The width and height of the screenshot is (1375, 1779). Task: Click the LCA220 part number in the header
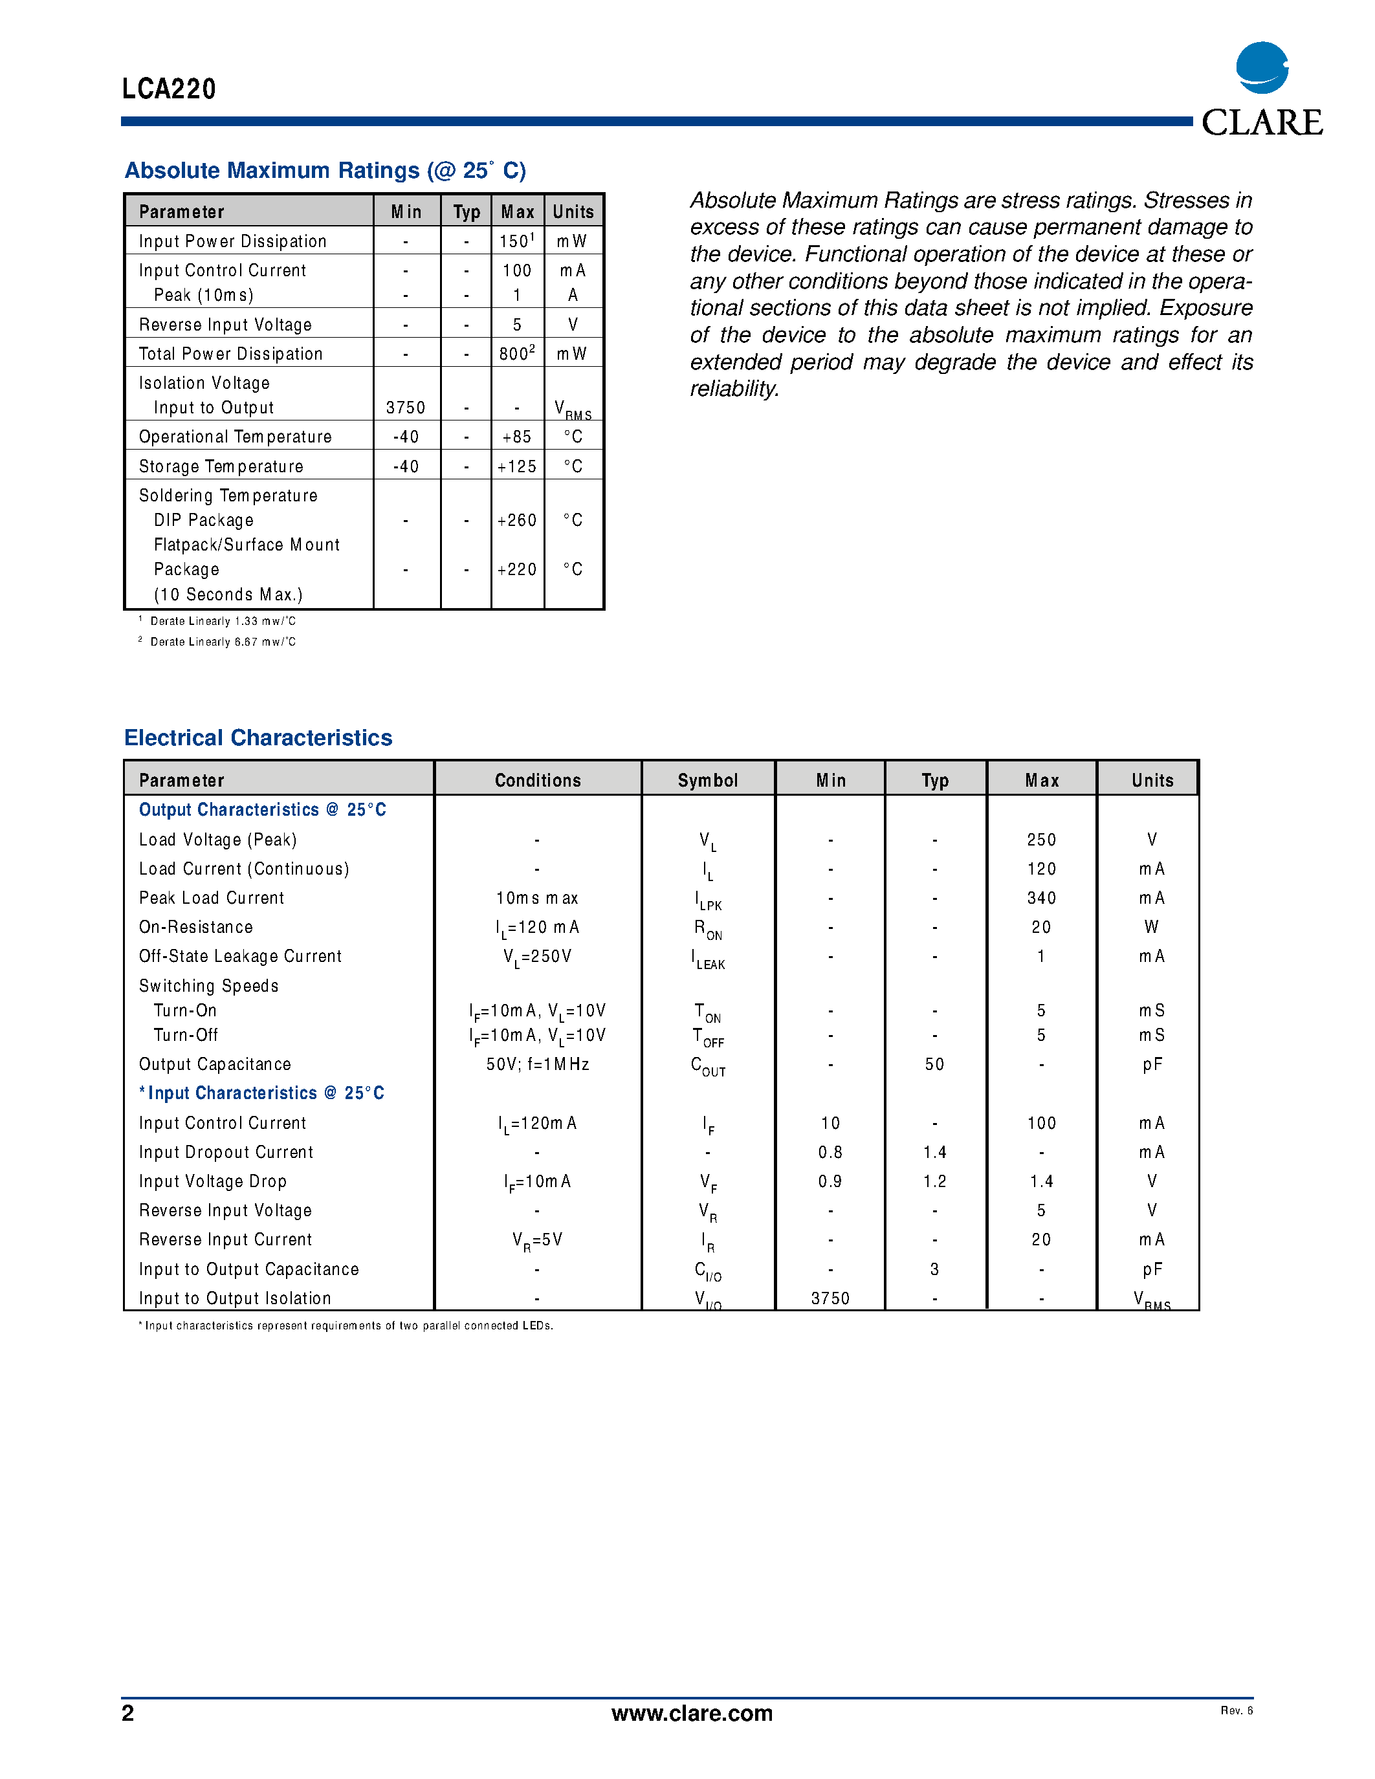(x=169, y=89)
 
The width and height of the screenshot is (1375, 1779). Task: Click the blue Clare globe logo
(x=1261, y=68)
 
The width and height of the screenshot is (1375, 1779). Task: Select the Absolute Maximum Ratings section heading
(x=325, y=170)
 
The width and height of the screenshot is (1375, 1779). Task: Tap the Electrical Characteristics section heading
(x=258, y=737)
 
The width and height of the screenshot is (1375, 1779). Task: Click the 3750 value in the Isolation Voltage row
(x=406, y=408)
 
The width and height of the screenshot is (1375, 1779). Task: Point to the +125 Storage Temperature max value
(x=516, y=466)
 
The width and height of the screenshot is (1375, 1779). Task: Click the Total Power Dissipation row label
(x=230, y=353)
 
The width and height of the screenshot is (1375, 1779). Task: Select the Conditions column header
(x=538, y=780)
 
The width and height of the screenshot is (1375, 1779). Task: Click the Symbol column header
(x=707, y=780)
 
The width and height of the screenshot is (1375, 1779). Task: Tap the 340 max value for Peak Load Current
(x=1041, y=898)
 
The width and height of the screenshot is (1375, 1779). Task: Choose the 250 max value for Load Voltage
(x=1041, y=839)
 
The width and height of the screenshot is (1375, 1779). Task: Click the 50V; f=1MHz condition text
(x=538, y=1064)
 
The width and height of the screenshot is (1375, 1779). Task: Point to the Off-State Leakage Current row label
(x=239, y=956)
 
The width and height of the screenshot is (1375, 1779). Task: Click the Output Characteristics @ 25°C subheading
(x=262, y=810)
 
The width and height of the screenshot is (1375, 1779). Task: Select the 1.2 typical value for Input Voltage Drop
(x=934, y=1181)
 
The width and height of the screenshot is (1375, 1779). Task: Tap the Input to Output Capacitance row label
(x=248, y=1269)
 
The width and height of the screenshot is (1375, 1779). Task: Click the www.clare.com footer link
(x=692, y=1713)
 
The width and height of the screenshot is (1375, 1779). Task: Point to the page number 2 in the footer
(x=128, y=1713)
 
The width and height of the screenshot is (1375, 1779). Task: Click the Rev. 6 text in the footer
(x=1236, y=1710)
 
